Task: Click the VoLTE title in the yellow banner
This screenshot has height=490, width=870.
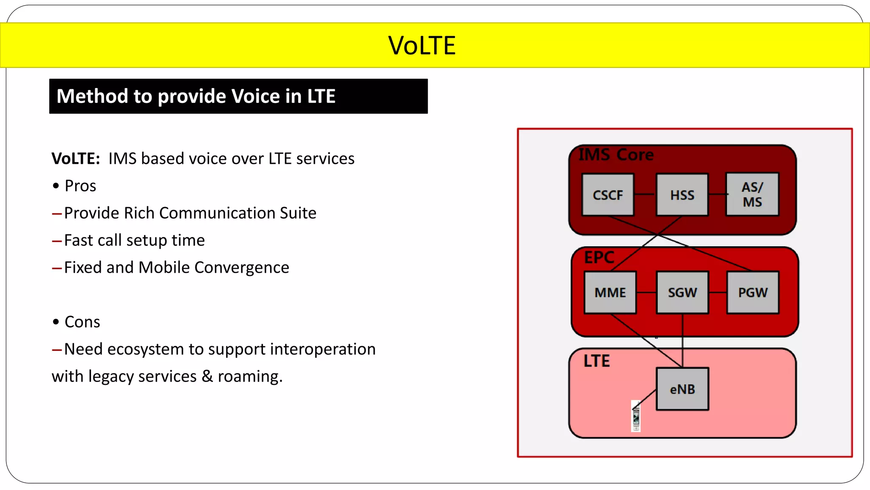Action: (421, 46)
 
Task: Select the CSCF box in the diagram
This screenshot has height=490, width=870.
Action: (608, 195)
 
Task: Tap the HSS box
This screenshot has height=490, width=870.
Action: (682, 195)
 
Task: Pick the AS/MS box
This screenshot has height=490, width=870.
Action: (752, 194)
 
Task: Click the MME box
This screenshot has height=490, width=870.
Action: (610, 293)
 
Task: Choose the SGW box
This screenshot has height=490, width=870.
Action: (682, 293)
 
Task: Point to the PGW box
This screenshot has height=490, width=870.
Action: (753, 293)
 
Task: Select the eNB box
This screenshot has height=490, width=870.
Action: (682, 389)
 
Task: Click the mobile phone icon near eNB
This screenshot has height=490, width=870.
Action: (636, 416)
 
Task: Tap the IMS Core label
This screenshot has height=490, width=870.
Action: (616, 155)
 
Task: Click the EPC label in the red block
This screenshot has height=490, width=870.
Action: (599, 257)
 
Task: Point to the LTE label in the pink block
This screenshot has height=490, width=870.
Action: (596, 361)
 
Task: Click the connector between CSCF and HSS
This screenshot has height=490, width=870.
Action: (645, 194)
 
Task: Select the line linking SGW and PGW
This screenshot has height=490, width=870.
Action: (718, 293)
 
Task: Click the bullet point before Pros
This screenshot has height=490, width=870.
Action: (56, 186)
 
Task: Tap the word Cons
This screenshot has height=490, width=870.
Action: (82, 322)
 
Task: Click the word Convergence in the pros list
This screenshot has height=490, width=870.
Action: (241, 268)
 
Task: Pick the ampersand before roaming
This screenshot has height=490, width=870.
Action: (207, 376)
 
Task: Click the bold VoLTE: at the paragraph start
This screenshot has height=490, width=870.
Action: (76, 159)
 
